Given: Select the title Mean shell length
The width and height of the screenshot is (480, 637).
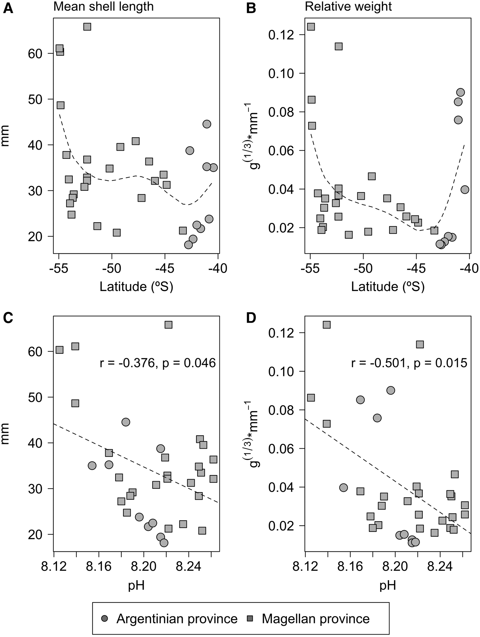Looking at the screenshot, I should pos(104,7).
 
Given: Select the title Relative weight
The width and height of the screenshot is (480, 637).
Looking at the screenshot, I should pos(348,7).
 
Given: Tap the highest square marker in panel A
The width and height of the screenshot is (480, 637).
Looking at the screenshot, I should pos(87,27).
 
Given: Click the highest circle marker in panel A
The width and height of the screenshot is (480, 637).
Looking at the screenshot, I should pos(207,124).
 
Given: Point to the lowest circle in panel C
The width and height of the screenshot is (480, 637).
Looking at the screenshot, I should pos(164,543).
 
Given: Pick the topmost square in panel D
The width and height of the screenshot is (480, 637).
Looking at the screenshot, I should pos(326,325).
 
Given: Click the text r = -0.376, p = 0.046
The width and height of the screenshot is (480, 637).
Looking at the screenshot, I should pos(158,363).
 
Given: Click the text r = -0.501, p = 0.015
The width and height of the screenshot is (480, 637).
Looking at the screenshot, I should pos(409,363).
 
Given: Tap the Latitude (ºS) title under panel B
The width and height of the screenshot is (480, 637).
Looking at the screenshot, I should pos(388,287).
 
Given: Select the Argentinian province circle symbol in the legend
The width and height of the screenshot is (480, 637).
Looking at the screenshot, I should pos(105,619).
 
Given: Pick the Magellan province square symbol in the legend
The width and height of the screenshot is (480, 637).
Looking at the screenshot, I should pos(250,619).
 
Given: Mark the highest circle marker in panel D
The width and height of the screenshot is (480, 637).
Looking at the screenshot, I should pos(391,390).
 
